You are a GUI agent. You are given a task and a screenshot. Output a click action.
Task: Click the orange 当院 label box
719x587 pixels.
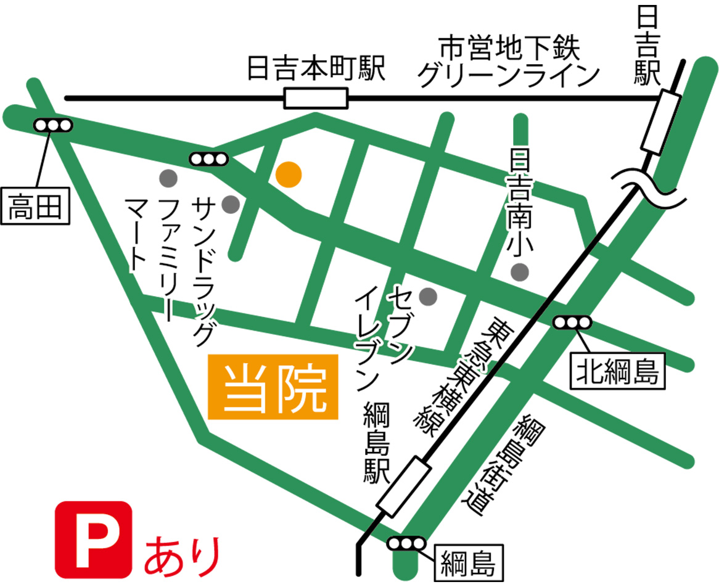click(x=273, y=387)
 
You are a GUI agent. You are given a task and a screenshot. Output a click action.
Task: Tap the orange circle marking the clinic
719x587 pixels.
click(x=289, y=174)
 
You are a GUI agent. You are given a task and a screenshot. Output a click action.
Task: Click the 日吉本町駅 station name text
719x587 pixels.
click(x=316, y=68)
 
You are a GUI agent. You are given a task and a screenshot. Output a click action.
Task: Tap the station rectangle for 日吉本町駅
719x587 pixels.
click(x=316, y=98)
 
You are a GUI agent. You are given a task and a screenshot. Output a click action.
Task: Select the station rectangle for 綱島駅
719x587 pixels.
click(x=405, y=486)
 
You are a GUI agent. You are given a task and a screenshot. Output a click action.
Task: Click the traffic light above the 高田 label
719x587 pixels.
click(x=53, y=125)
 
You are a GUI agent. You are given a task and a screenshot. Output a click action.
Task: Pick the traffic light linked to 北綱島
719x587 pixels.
click(x=572, y=322)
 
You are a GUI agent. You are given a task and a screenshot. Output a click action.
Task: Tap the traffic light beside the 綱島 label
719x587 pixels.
click(x=406, y=544)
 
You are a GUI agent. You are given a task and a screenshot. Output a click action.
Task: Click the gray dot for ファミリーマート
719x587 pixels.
click(x=168, y=179)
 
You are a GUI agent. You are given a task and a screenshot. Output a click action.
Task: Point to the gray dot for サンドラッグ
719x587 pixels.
click(x=231, y=203)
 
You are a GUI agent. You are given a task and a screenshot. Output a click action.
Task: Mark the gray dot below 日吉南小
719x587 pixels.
click(x=520, y=271)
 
